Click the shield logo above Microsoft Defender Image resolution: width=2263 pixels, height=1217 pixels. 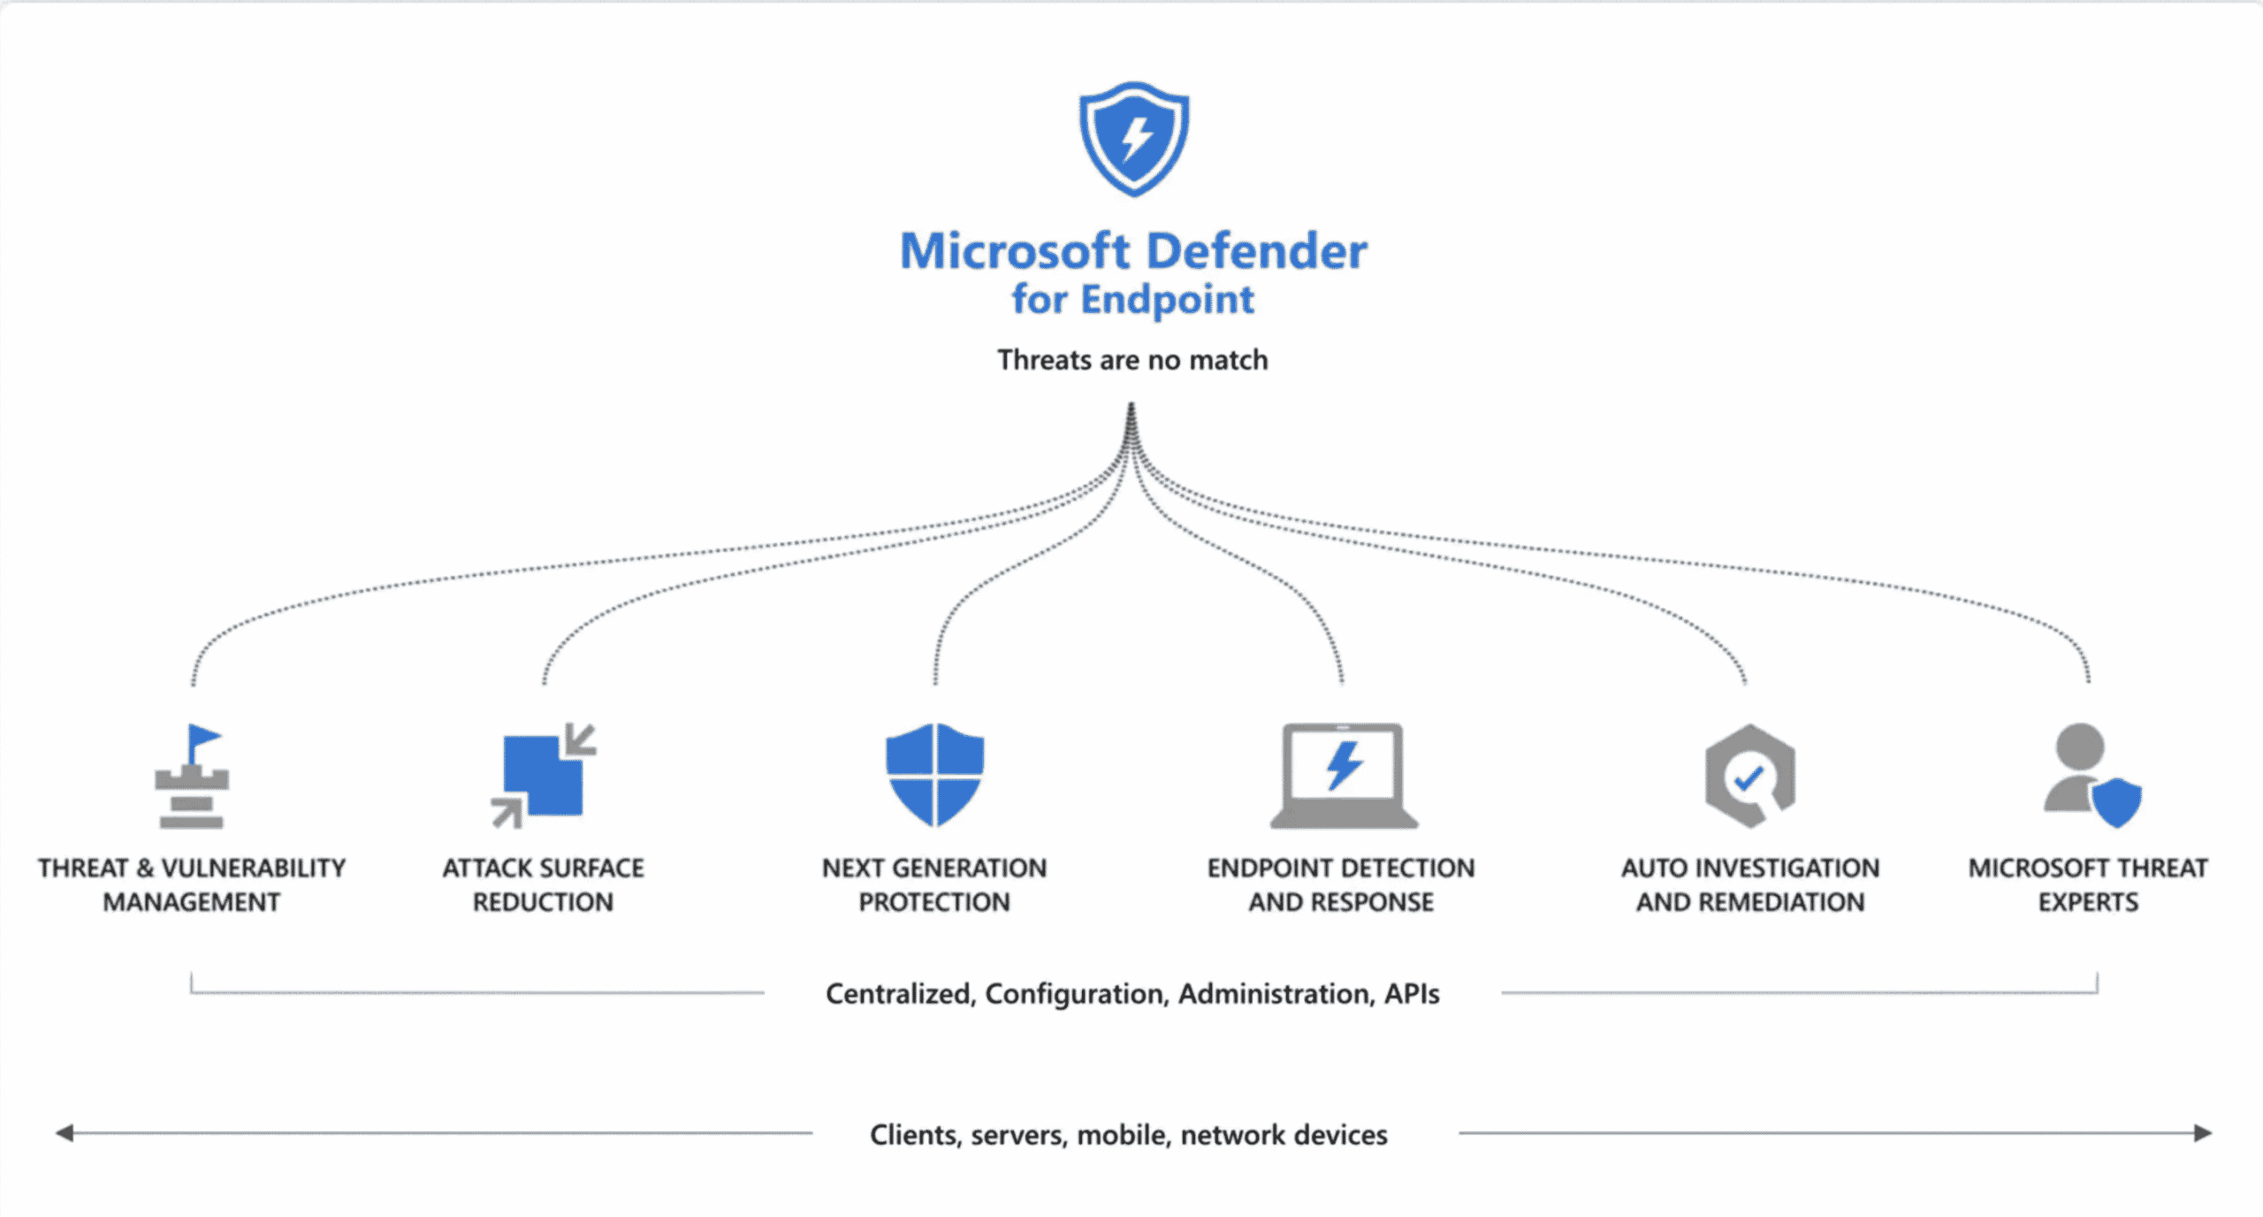[x=1133, y=139]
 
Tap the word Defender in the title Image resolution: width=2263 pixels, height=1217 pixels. [x=1256, y=251]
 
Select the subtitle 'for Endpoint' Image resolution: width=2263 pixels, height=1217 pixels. [x=1132, y=299]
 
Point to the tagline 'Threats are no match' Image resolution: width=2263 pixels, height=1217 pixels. [x=1132, y=360]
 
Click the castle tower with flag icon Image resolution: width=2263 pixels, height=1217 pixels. [x=192, y=776]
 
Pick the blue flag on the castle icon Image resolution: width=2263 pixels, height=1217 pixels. [x=203, y=736]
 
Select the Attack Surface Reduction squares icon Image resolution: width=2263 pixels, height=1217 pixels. [x=544, y=776]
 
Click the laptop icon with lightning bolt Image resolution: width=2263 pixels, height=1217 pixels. [x=1343, y=776]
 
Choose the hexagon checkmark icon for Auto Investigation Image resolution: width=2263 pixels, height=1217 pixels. [x=1749, y=776]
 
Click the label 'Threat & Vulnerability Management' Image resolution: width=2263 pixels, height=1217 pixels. [x=192, y=884]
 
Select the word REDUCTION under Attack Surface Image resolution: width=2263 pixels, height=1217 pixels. [x=543, y=902]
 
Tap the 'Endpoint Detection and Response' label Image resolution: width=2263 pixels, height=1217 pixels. [x=1341, y=884]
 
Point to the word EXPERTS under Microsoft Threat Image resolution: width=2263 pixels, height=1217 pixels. [x=2088, y=902]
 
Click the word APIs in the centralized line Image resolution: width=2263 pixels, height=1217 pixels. [x=1412, y=994]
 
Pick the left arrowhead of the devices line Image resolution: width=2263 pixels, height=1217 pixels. [x=65, y=1133]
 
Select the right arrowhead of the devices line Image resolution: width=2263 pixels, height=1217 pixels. [x=2203, y=1133]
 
